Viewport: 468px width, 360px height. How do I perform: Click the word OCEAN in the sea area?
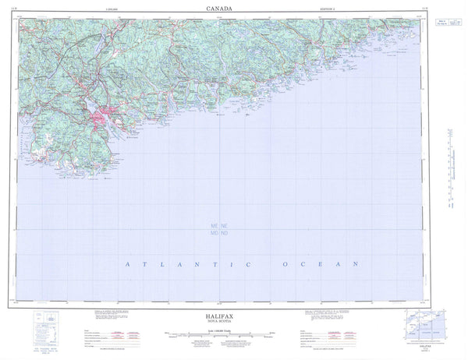point(313,266)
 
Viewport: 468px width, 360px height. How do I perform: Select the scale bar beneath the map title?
point(233,330)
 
